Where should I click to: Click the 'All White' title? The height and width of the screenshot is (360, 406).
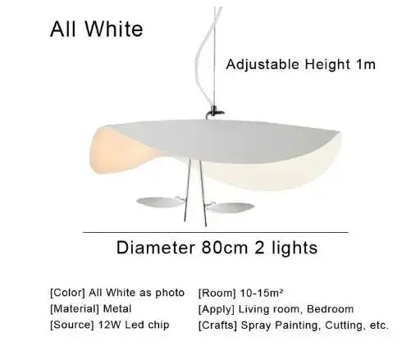tap(96, 30)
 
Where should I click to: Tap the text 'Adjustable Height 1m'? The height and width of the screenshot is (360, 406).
tap(300, 62)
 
